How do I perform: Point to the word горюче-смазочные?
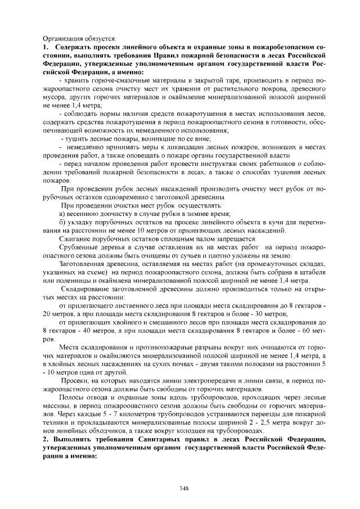click(120, 81)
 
